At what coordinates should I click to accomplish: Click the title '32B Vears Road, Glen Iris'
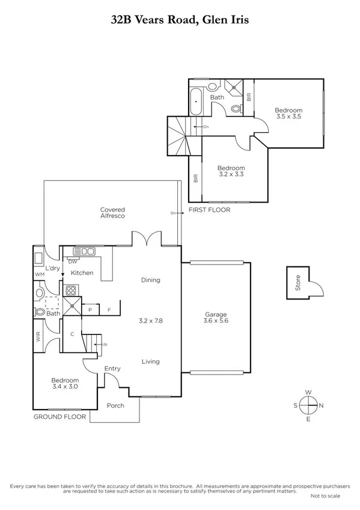(180, 20)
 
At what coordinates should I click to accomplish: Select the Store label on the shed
(297, 283)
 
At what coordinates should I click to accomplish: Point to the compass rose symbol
(308, 405)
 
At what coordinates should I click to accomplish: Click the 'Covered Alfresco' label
(112, 212)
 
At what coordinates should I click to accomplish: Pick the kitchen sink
(84, 251)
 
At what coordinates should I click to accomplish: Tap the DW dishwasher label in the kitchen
(73, 262)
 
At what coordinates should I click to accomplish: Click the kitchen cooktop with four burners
(71, 290)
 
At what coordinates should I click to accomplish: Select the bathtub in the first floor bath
(197, 103)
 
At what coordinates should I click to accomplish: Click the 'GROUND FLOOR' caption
(59, 416)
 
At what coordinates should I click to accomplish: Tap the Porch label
(115, 405)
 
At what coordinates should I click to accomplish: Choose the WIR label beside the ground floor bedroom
(38, 337)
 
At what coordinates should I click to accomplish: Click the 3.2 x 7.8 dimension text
(151, 321)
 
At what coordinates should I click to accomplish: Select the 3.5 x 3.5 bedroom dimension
(288, 117)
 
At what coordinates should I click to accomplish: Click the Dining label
(150, 280)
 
